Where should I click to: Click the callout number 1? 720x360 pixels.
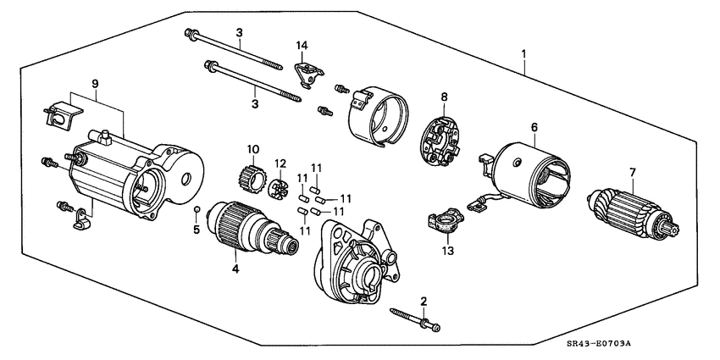pos(524,54)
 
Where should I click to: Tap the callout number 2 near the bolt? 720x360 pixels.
pos(424,301)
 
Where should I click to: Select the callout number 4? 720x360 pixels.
pos(235,269)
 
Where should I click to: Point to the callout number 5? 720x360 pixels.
pos(196,230)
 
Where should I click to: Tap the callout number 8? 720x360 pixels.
pos(444,97)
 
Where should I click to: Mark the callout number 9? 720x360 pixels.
pos(95,84)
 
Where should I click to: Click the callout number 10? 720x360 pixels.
pos(252,150)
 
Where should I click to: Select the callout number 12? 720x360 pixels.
pos(280,163)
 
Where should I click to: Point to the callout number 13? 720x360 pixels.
pos(448,251)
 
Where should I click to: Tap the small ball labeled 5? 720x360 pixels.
pos(197,208)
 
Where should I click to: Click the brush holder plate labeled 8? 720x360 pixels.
pos(442,136)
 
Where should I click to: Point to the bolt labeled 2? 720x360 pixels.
pos(414,320)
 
